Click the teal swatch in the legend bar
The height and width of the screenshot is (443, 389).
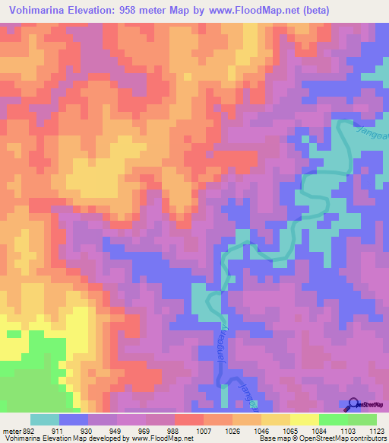[x=45, y=419]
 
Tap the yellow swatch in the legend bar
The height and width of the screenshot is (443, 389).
[x=304, y=419]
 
